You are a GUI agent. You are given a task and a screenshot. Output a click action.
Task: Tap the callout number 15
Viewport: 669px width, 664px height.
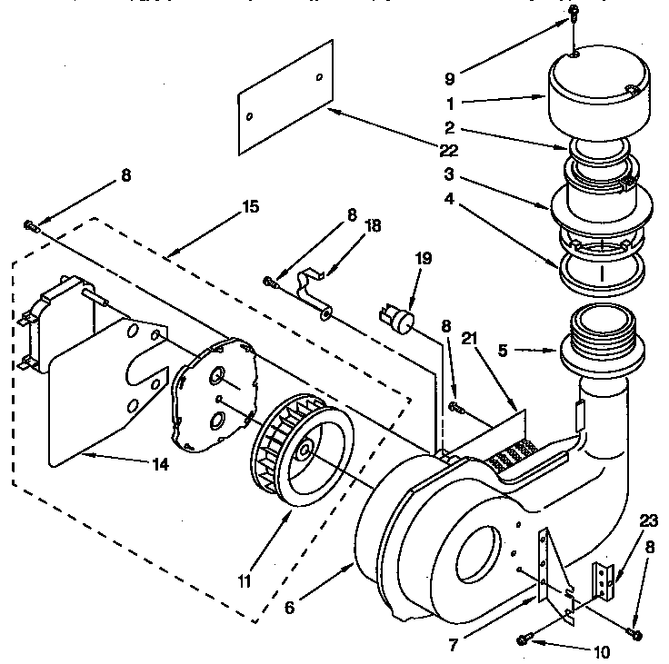251,207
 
